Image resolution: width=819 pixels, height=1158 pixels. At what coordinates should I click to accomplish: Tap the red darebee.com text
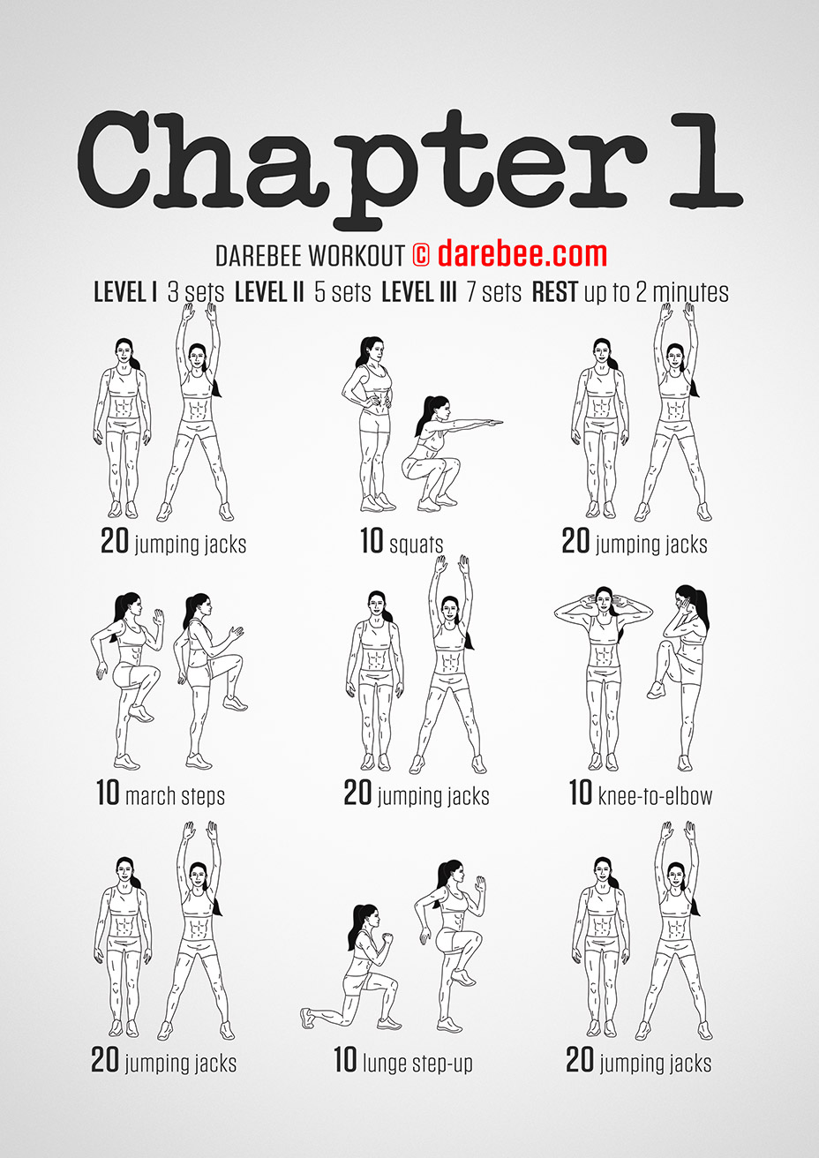click(x=522, y=254)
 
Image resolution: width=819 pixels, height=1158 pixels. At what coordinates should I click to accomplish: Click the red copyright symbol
click(x=420, y=255)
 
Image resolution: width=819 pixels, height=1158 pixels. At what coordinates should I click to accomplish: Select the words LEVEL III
click(x=418, y=292)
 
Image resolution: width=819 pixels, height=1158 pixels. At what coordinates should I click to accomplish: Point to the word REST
click(x=554, y=292)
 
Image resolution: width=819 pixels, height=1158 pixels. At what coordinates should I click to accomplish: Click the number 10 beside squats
click(x=372, y=540)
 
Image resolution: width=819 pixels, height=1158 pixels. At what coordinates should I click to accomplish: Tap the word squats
click(x=416, y=544)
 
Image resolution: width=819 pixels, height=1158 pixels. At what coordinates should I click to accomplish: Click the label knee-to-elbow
click(x=654, y=795)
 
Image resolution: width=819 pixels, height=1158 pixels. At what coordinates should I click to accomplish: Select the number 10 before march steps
click(x=108, y=793)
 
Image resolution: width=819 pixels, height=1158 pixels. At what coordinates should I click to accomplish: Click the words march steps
click(x=175, y=796)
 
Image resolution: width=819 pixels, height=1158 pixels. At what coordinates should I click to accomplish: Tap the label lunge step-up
click(x=417, y=1063)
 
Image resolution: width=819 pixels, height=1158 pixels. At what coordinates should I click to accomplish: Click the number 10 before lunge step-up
click(x=345, y=1060)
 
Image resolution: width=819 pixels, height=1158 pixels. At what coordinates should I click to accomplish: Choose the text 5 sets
click(x=342, y=292)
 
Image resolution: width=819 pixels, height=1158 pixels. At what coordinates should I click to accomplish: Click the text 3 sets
click(x=196, y=292)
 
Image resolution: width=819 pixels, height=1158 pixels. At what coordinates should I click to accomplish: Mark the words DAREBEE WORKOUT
click(x=309, y=256)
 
